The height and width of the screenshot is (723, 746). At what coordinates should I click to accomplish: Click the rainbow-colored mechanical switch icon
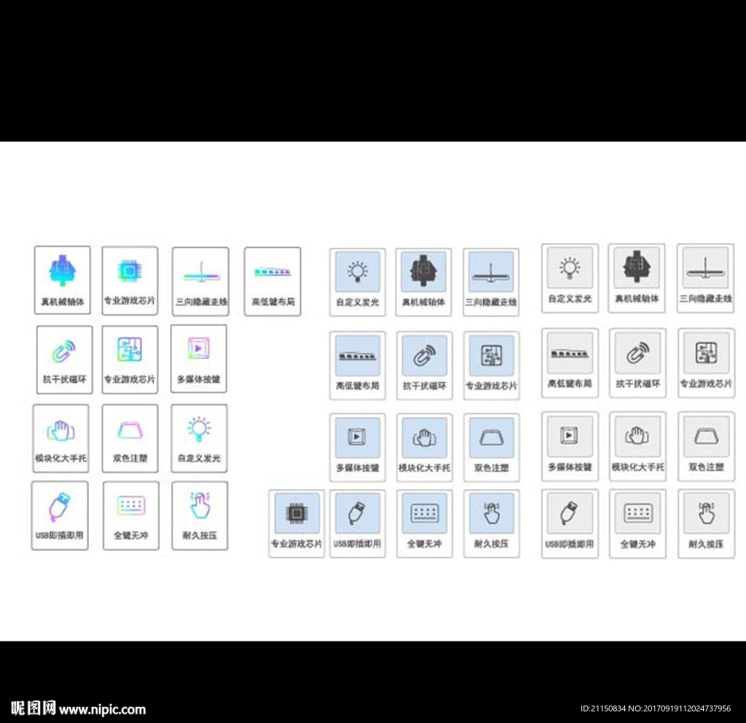63,269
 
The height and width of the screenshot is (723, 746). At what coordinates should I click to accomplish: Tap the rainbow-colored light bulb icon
198,430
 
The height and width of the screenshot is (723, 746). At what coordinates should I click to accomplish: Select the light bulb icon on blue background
357,271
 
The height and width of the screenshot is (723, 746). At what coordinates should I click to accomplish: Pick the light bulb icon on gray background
570,267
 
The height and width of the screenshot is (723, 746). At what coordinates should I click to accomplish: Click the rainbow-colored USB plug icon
59,507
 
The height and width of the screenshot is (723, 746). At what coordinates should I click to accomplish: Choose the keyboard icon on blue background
424,513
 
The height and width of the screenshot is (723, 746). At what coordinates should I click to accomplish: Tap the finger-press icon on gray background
706,513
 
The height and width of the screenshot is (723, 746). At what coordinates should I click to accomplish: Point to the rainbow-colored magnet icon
63,352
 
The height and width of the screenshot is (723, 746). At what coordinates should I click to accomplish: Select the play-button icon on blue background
357,435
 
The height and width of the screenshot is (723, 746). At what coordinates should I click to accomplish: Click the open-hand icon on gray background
637,435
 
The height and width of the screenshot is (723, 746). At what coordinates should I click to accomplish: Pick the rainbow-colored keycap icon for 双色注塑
130,430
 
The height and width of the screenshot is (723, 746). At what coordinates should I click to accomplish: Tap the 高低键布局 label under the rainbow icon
273,301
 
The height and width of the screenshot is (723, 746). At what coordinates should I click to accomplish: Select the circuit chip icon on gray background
706,353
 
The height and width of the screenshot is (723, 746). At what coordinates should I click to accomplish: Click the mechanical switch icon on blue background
423,271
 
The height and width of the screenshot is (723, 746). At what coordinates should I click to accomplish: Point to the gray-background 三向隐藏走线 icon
705,268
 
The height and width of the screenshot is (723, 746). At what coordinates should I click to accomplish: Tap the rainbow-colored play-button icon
198,349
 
